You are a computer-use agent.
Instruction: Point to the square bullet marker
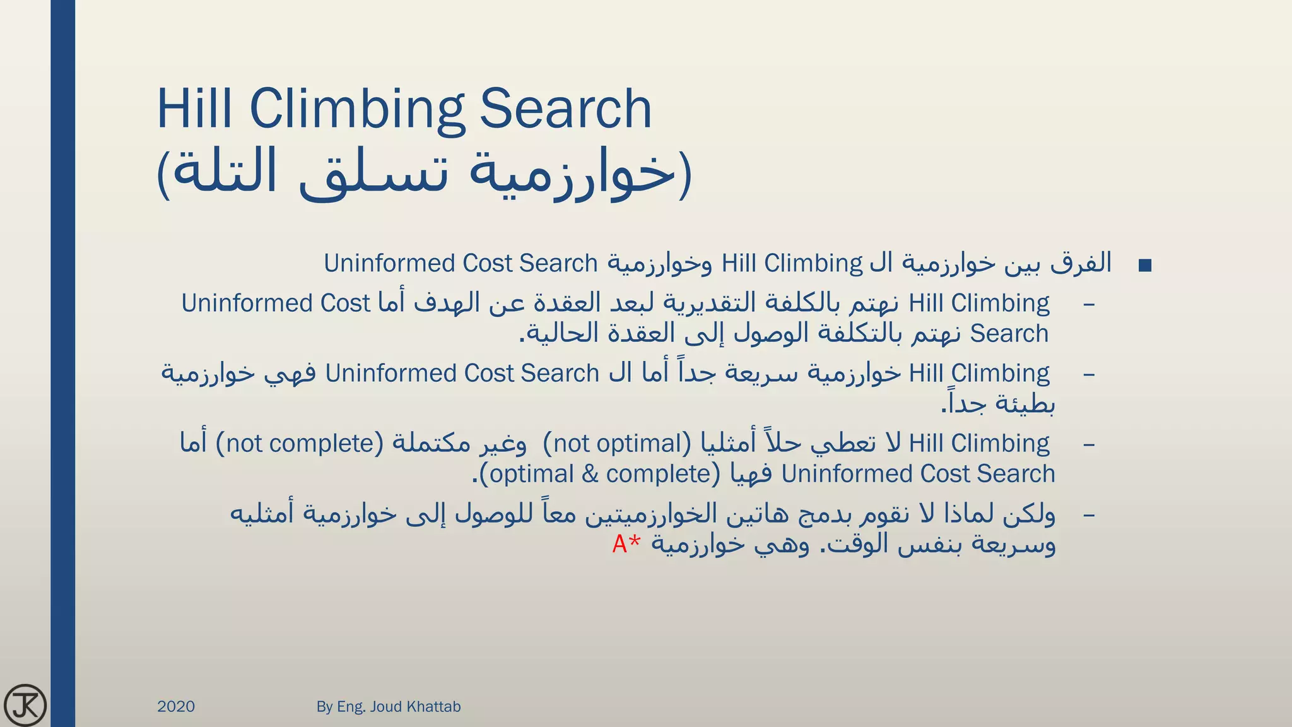point(1145,266)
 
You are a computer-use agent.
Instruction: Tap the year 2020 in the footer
point(176,706)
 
